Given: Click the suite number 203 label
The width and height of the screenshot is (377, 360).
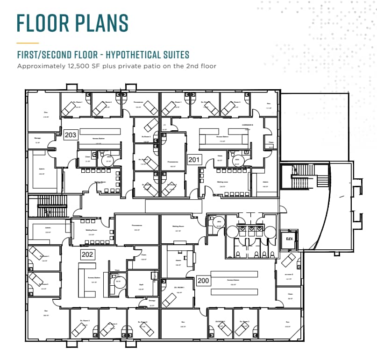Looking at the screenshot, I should (70, 135).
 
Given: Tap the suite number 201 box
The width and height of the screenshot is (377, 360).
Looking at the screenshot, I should (194, 160).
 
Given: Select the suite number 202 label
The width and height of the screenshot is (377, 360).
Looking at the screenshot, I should (87, 254).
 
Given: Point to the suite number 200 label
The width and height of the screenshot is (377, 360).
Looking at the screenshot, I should (203, 281).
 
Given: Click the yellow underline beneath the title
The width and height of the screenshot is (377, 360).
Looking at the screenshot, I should (28, 42).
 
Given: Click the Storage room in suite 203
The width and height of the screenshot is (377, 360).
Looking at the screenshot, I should (37, 140).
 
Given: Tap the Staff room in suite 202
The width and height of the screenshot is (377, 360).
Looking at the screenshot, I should (141, 286).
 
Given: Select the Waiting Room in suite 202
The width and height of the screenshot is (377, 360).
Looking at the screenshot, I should (91, 232).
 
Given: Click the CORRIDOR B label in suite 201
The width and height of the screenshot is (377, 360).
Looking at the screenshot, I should (248, 125).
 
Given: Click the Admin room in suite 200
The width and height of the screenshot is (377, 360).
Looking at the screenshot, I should (178, 262).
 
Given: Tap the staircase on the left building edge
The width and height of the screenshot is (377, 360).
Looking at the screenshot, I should (48, 206).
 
